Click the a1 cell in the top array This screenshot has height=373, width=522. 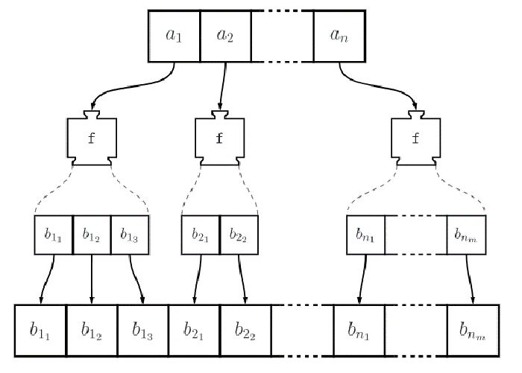(174, 35)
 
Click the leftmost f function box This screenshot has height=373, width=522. (91, 138)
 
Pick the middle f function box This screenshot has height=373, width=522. (220, 138)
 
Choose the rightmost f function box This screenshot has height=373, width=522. (417, 138)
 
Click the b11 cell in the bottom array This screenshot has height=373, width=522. (41, 328)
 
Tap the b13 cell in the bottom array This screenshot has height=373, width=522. (142, 328)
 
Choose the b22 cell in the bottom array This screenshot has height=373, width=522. (245, 328)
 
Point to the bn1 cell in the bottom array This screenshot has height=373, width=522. (358, 328)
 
